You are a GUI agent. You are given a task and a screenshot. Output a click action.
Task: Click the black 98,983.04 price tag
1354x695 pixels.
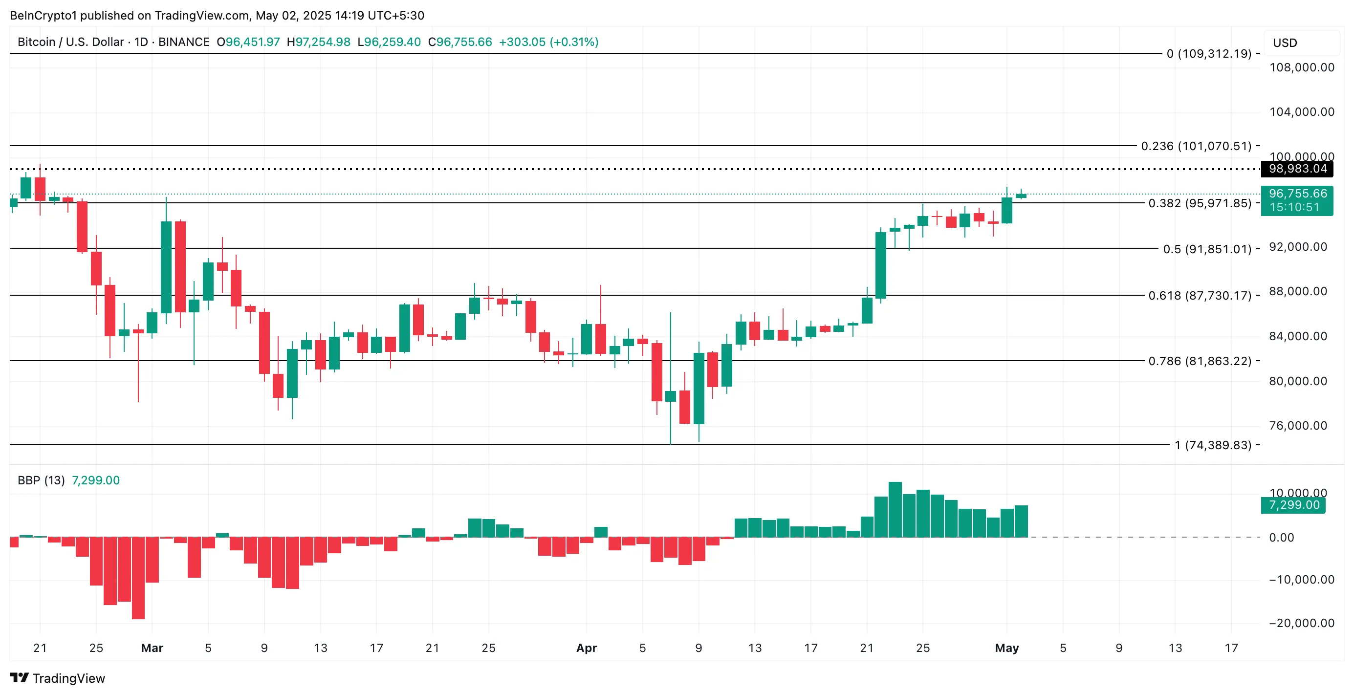pos(1297,169)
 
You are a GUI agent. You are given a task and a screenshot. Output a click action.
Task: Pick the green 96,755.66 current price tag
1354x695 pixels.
pos(1297,194)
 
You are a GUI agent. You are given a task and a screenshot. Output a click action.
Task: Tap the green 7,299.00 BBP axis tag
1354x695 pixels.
pos(1293,505)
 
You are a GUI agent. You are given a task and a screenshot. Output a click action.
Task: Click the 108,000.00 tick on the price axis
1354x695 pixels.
pos(1301,67)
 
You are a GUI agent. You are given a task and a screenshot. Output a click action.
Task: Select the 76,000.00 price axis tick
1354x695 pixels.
pos(1298,425)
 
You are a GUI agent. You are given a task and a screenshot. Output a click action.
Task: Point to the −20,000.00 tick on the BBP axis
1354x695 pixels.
pos(1301,623)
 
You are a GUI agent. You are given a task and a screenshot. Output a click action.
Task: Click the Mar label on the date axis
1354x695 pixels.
pos(152,648)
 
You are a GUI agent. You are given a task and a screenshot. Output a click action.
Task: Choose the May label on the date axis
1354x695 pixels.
pos(1006,648)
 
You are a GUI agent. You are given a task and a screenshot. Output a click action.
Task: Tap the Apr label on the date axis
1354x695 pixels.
pos(586,648)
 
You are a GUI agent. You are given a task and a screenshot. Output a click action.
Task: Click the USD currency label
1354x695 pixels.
pos(1285,43)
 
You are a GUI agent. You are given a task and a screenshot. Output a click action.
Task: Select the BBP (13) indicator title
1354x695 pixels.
pos(41,480)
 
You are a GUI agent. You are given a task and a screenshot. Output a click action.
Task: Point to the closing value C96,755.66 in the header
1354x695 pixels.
pos(460,42)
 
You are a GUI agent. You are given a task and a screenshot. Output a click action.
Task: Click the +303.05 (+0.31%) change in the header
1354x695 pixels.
pos(548,42)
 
